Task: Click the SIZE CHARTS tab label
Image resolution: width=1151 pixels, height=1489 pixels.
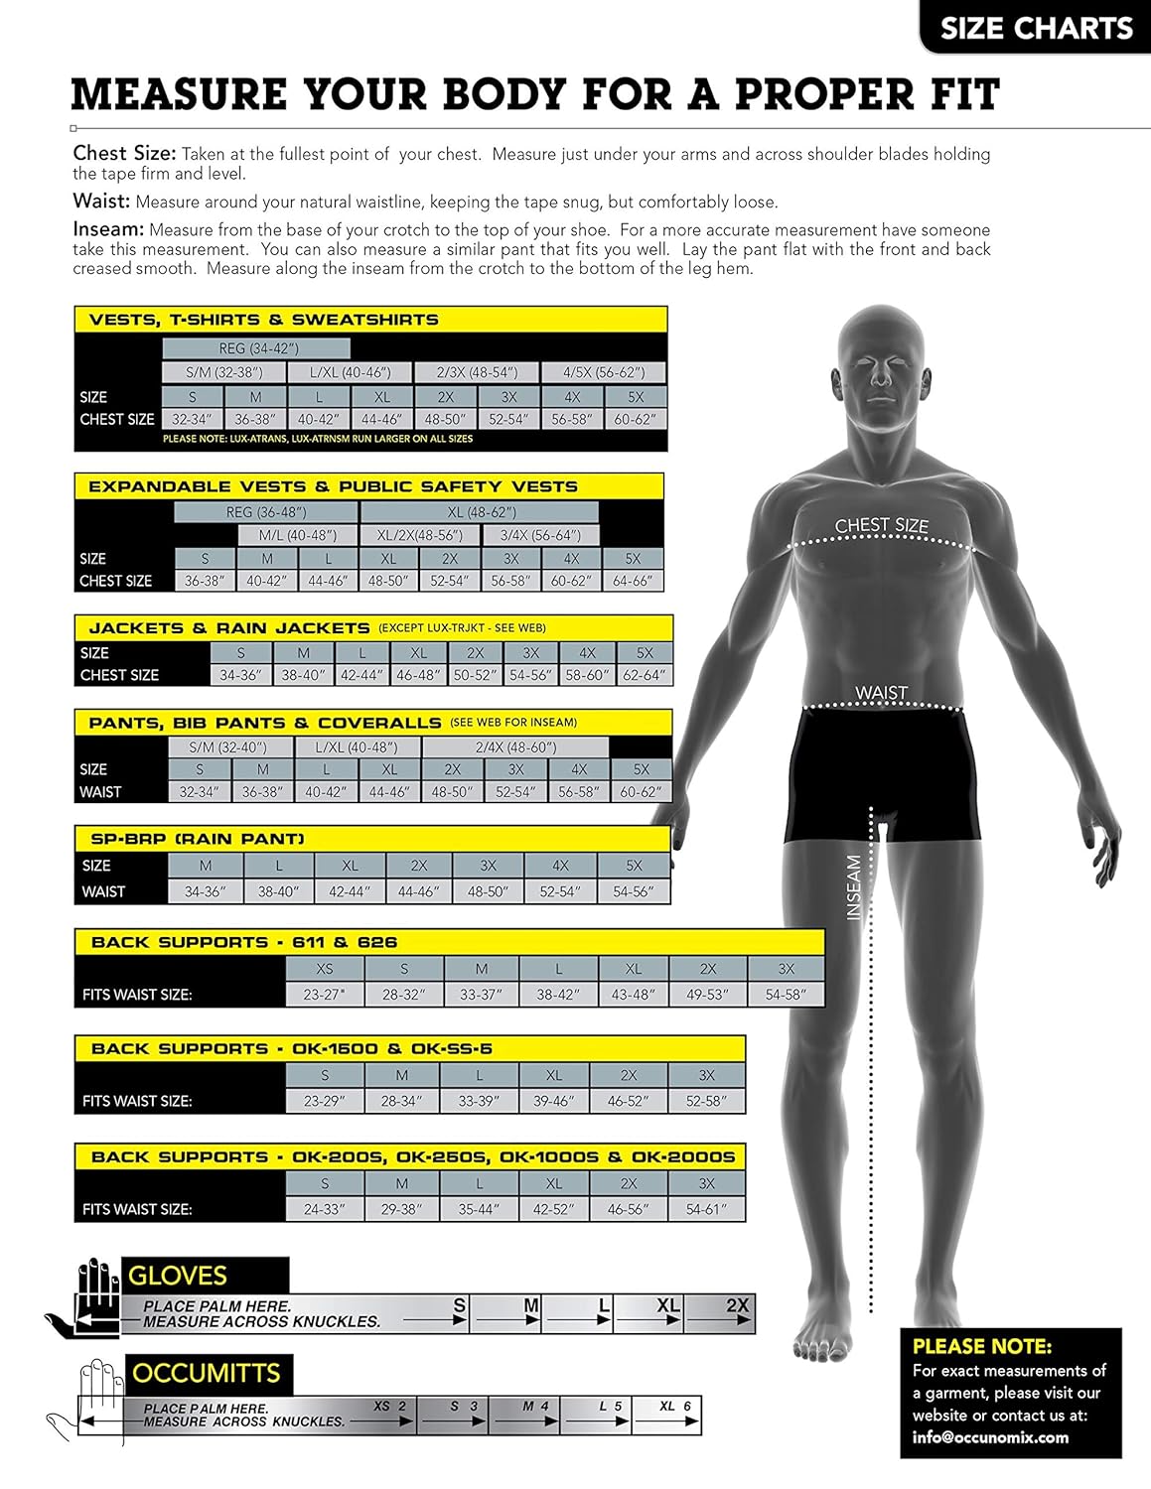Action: pyautogui.click(x=1036, y=28)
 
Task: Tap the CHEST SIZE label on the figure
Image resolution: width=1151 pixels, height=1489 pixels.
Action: pyautogui.click(x=881, y=525)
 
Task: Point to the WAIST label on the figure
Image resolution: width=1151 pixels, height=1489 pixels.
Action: pyautogui.click(x=881, y=692)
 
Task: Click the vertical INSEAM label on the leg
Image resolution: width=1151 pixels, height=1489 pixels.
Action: pyautogui.click(x=853, y=887)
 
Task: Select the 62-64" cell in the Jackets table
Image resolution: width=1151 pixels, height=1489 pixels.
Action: pyautogui.click(x=645, y=675)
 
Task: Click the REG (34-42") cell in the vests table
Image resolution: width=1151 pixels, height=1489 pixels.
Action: pyautogui.click(x=257, y=348)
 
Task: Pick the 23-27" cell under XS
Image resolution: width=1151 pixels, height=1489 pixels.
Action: pyautogui.click(x=324, y=994)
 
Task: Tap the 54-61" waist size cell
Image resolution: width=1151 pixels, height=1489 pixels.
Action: pyautogui.click(x=706, y=1209)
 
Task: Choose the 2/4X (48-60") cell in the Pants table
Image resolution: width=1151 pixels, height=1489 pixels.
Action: pyautogui.click(x=514, y=746)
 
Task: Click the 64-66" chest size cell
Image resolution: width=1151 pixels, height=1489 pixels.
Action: pyautogui.click(x=633, y=581)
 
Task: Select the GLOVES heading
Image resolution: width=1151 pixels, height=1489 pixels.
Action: pyautogui.click(x=178, y=1276)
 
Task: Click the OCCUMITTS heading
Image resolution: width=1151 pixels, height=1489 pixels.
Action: pyautogui.click(x=207, y=1373)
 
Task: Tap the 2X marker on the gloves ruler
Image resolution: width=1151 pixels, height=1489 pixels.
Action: pyautogui.click(x=737, y=1305)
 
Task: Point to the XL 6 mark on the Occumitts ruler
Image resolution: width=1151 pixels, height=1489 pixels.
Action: pyautogui.click(x=674, y=1406)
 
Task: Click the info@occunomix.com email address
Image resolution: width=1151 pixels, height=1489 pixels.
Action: pyautogui.click(x=990, y=1437)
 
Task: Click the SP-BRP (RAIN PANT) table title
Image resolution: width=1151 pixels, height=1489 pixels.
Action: pyautogui.click(x=197, y=839)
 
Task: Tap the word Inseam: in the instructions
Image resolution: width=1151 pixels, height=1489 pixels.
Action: pyautogui.click(x=108, y=229)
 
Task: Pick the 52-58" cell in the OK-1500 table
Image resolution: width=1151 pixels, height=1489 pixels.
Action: pyautogui.click(x=706, y=1101)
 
